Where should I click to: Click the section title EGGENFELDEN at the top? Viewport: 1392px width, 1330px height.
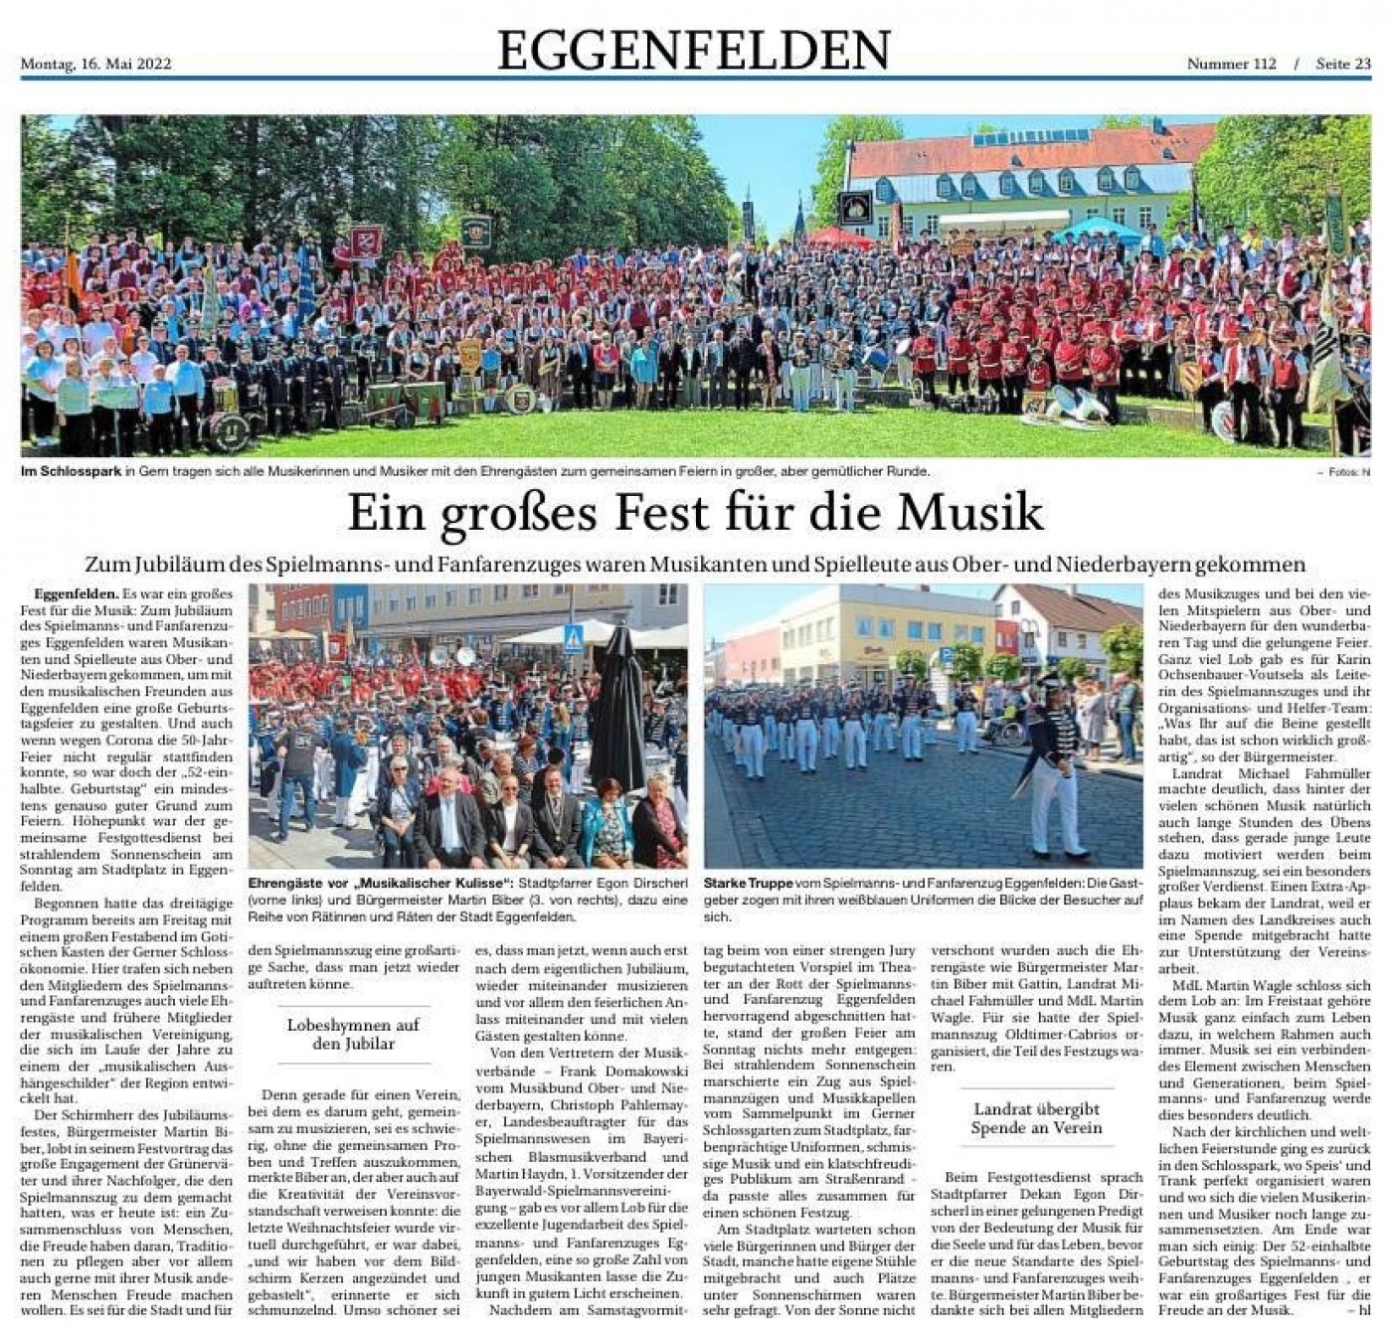pyautogui.click(x=693, y=50)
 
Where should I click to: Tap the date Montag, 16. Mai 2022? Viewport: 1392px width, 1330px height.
pyautogui.click(x=95, y=65)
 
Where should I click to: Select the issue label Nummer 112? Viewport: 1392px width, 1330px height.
pyautogui.click(x=1231, y=65)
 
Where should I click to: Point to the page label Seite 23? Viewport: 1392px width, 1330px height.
pyautogui.click(x=1342, y=65)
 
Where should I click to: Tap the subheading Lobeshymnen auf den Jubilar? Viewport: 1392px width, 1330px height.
pyautogui.click(x=353, y=1034)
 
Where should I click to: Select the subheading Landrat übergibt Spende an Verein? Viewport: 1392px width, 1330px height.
pyautogui.click(x=1036, y=1118)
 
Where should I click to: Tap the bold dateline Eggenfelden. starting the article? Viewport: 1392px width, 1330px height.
pyautogui.click(x=76, y=594)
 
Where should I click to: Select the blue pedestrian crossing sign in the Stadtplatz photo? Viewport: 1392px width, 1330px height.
pyautogui.click(x=574, y=640)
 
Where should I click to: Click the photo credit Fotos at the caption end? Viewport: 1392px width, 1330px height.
pyautogui.click(x=1344, y=472)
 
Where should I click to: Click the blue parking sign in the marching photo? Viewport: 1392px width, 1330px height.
pyautogui.click(x=946, y=657)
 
